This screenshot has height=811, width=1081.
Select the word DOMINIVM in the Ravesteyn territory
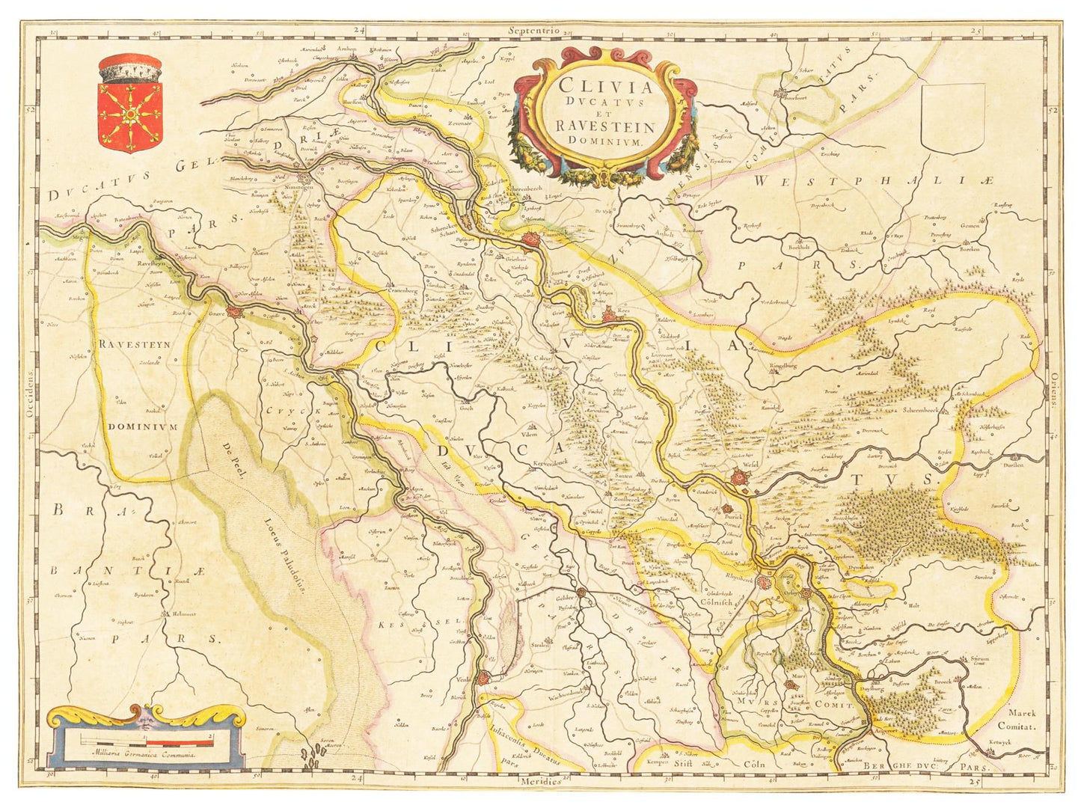(x=142, y=426)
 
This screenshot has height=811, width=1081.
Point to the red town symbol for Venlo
(x=485, y=679)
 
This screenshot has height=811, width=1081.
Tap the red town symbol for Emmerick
(x=532, y=240)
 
